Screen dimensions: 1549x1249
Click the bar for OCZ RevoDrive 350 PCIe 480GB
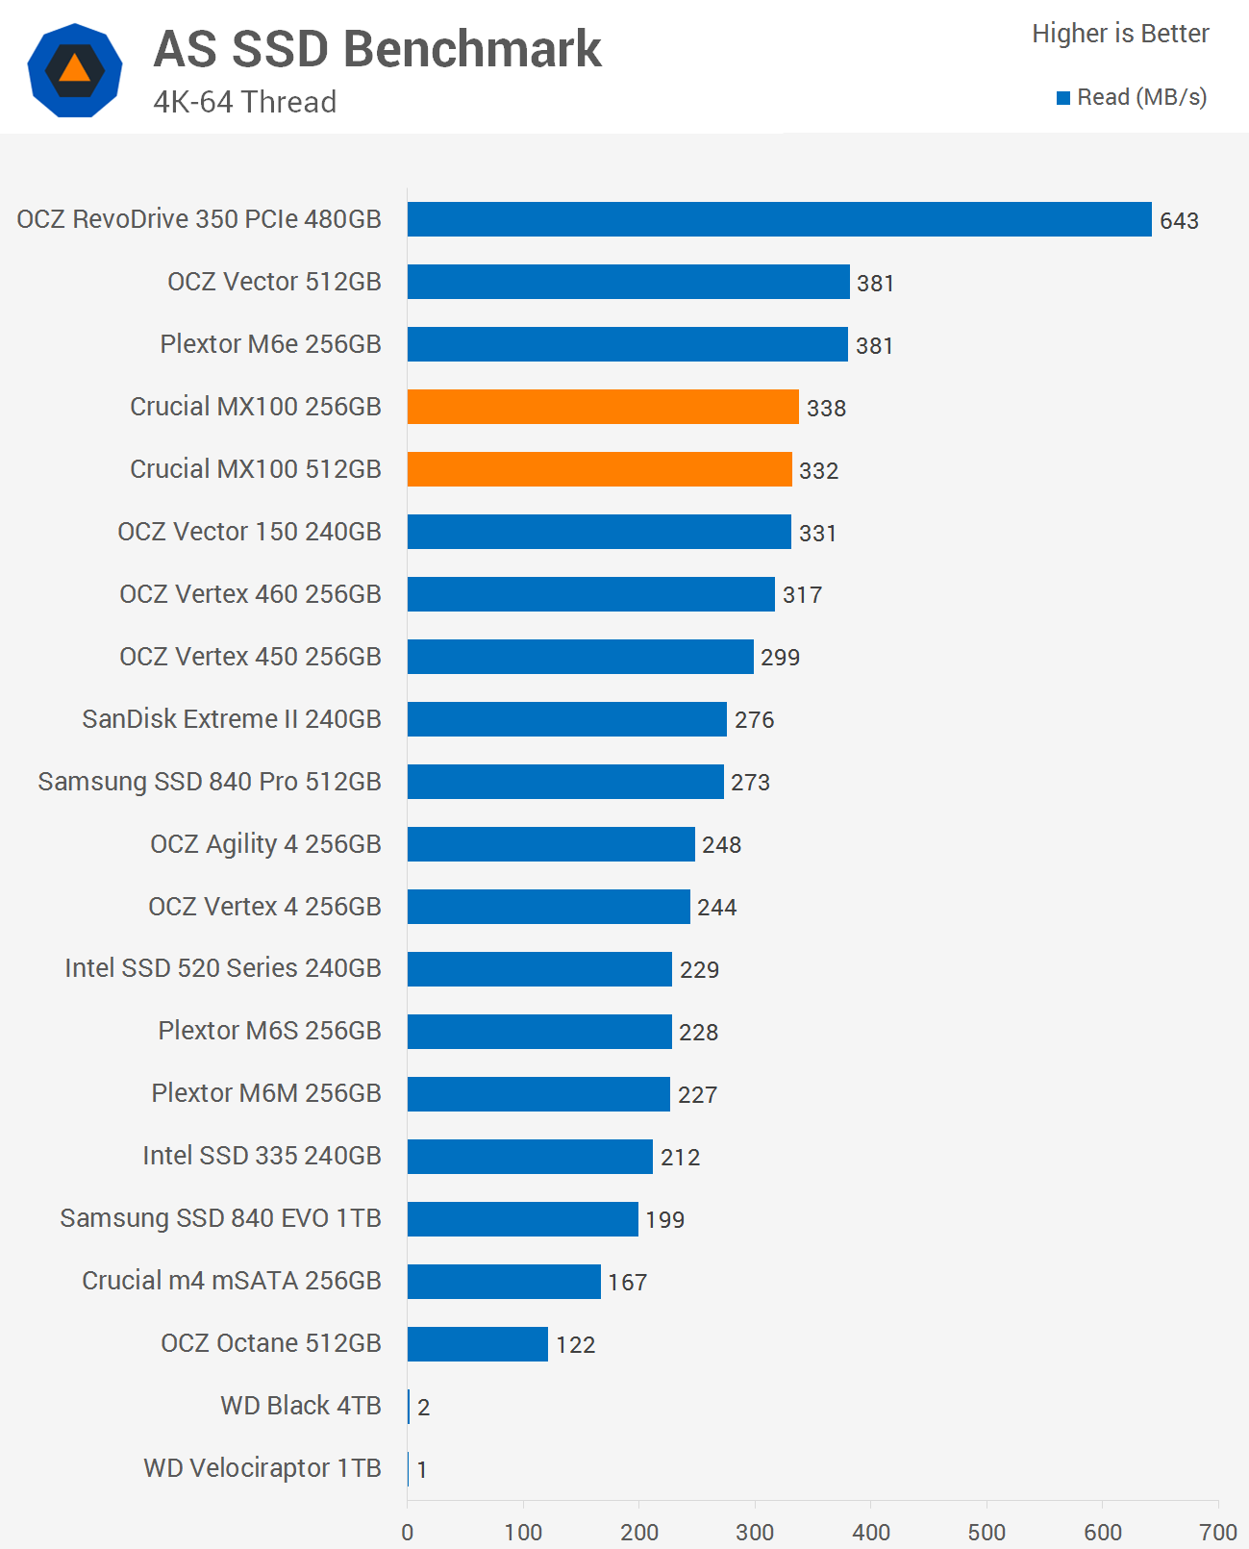point(779,219)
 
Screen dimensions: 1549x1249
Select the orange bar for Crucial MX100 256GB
point(603,407)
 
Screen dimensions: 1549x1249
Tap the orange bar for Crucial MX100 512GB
point(599,469)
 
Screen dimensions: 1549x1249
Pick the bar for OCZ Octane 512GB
point(477,1344)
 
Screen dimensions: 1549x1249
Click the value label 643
point(1179,221)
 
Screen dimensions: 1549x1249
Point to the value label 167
point(627,1283)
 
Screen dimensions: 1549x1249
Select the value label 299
point(780,658)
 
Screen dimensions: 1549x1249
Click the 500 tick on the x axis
point(987,1532)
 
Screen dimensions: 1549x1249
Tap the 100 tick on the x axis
point(523,1532)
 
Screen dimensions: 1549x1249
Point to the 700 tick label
point(1218,1532)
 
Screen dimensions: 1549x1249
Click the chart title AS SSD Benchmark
point(377,49)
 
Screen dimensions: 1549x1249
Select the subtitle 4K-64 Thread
point(244,102)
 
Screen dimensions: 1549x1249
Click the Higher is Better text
point(1120,34)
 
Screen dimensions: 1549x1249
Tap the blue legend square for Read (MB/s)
point(1063,98)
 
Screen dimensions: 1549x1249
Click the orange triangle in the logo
point(75,69)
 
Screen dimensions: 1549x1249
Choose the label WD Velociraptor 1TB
point(262,1468)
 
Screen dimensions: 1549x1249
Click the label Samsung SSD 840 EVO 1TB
point(220,1218)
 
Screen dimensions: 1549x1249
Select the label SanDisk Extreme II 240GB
point(232,719)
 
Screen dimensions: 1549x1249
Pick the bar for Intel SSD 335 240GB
point(530,1157)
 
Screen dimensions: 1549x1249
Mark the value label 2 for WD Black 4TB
point(423,1408)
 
